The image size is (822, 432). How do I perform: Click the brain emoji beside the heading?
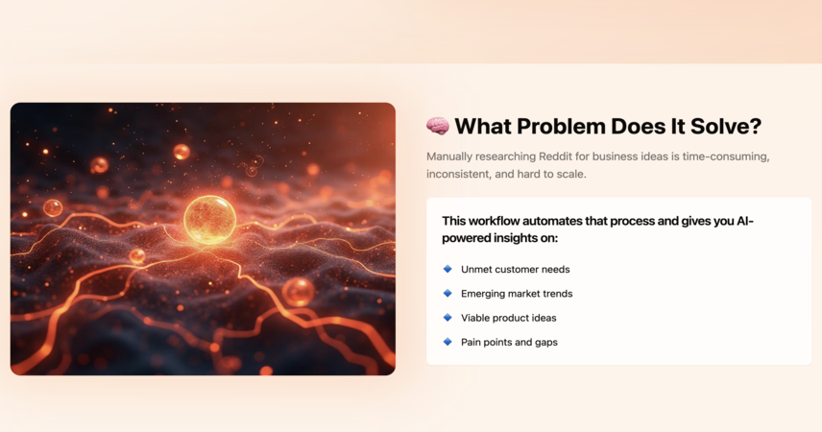438,127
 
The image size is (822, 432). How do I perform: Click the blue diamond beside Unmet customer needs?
447,269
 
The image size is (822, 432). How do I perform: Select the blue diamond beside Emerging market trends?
447,293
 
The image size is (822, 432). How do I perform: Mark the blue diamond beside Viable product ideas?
447,317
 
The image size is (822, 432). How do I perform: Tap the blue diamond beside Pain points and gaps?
447,342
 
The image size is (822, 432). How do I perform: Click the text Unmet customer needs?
516,270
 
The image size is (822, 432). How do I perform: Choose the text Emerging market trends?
517,294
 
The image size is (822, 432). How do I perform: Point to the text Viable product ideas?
509,318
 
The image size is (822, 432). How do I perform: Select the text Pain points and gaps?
509,343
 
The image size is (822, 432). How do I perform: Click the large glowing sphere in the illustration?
209,220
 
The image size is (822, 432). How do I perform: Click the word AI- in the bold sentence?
745,221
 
